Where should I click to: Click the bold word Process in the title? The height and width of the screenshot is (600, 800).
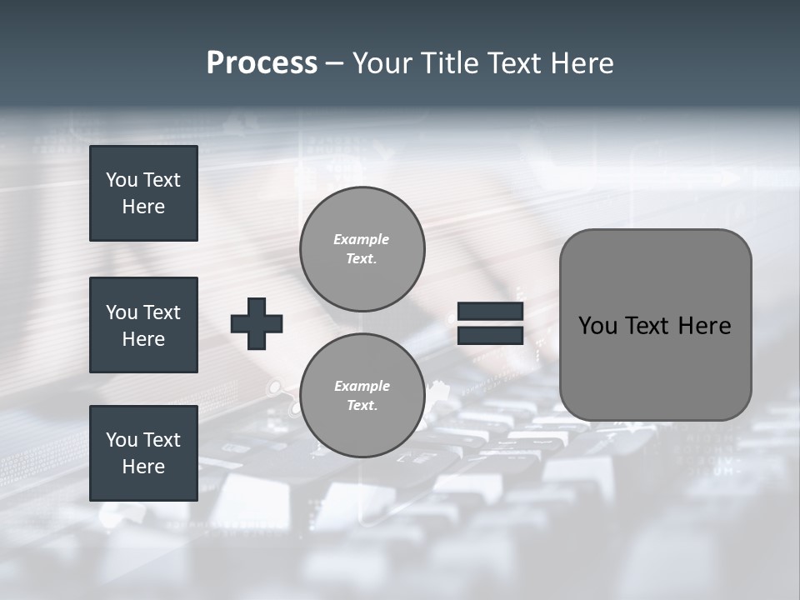pyautogui.click(x=262, y=63)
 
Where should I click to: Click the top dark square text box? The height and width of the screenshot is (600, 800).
pyautogui.click(x=143, y=193)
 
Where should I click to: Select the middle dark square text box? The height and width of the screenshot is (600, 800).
pyautogui.click(x=143, y=325)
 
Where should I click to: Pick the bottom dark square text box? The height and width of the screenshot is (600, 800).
pyautogui.click(x=143, y=453)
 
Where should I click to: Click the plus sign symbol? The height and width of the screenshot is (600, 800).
pyautogui.click(x=257, y=324)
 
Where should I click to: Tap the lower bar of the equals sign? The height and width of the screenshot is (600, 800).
pyautogui.click(x=490, y=336)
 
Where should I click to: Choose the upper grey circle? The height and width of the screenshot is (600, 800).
pyautogui.click(x=362, y=248)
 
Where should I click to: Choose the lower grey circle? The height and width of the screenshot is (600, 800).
pyautogui.click(x=362, y=395)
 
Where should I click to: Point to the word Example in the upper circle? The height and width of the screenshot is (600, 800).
pyautogui.click(x=362, y=239)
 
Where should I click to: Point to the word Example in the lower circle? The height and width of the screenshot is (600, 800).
pyautogui.click(x=362, y=386)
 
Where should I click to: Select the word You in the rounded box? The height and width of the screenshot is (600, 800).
pyautogui.click(x=597, y=326)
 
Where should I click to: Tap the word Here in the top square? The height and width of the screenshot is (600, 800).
pyautogui.click(x=143, y=207)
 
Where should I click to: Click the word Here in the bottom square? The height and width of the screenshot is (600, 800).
pyautogui.click(x=143, y=467)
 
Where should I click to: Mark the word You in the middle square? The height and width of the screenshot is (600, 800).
pyautogui.click(x=121, y=312)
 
